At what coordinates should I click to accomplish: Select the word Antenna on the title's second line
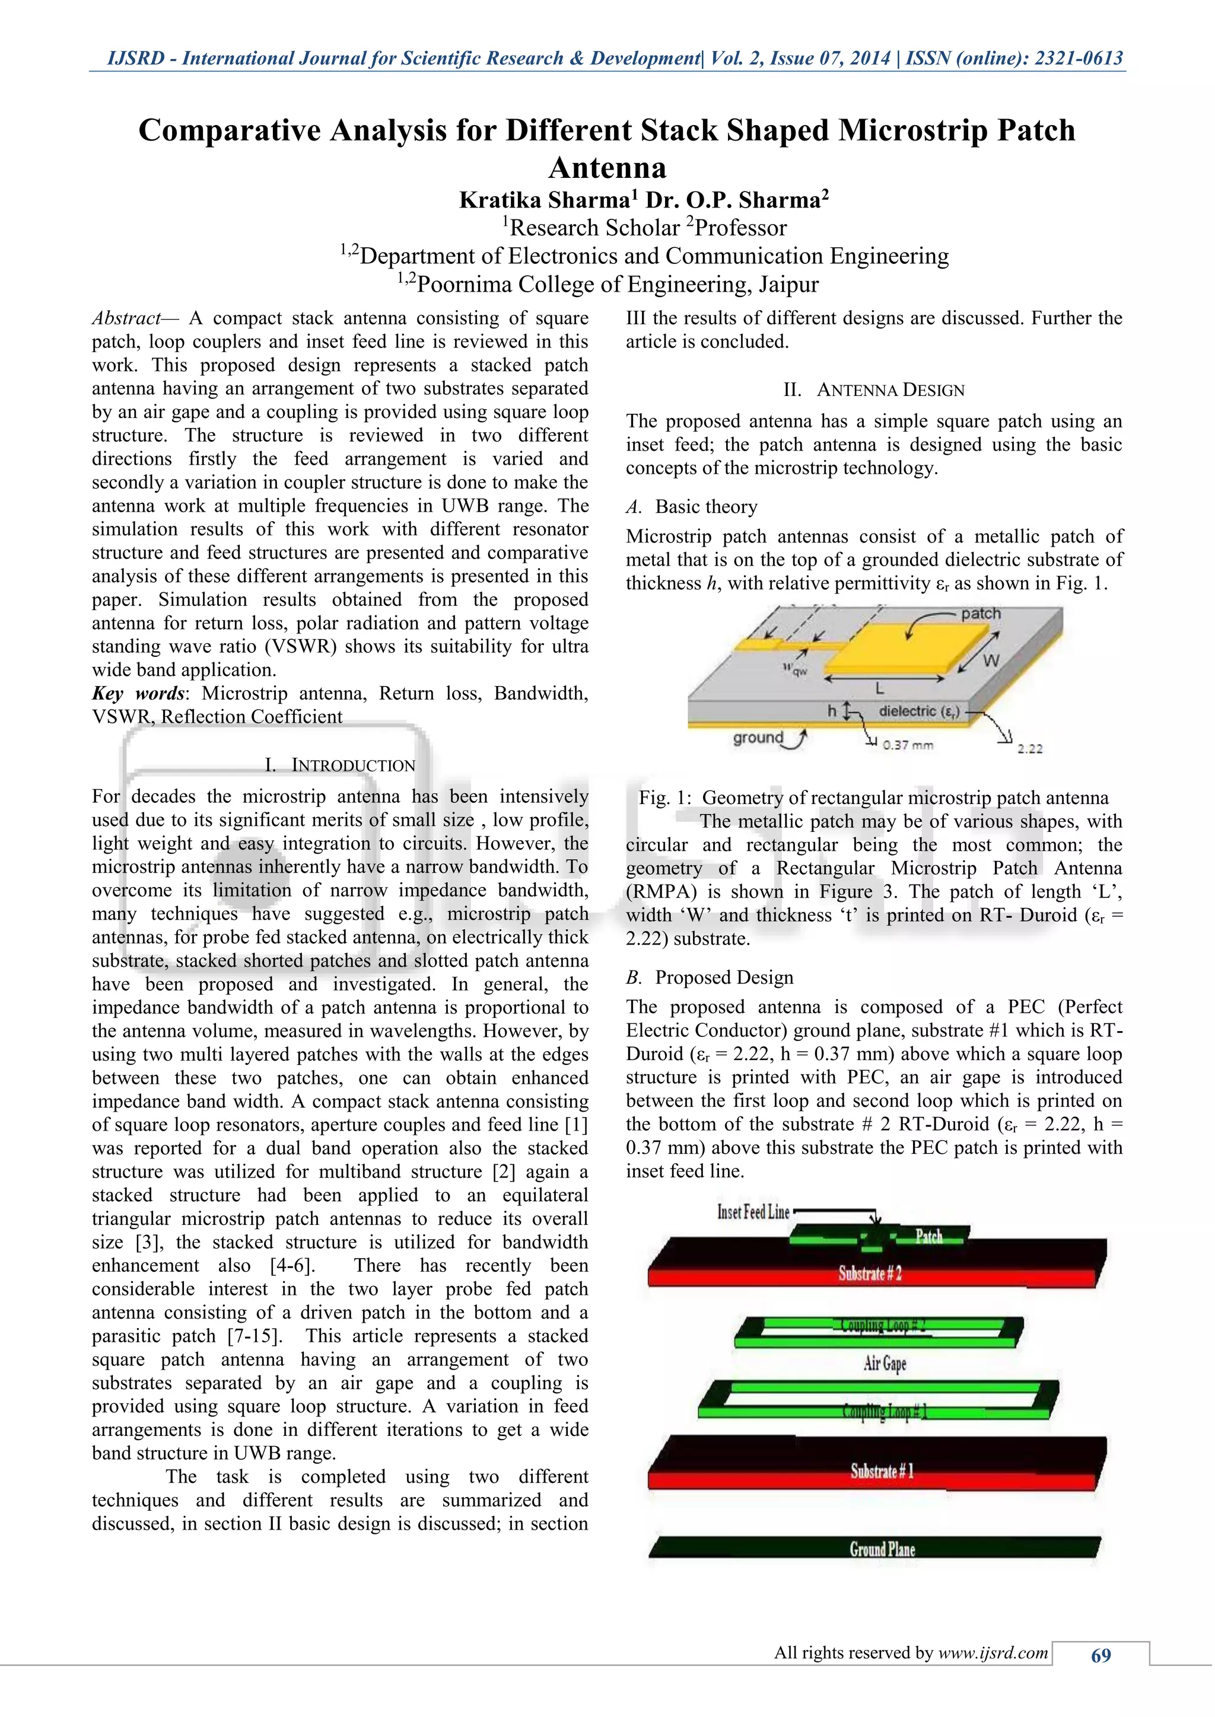point(607,168)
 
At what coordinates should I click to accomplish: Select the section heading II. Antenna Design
point(874,390)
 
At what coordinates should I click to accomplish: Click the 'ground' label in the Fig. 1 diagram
point(757,738)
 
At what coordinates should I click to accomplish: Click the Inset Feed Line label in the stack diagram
point(753,1211)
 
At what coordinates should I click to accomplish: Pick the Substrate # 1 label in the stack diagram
point(882,1471)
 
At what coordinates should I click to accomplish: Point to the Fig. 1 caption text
point(873,798)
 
